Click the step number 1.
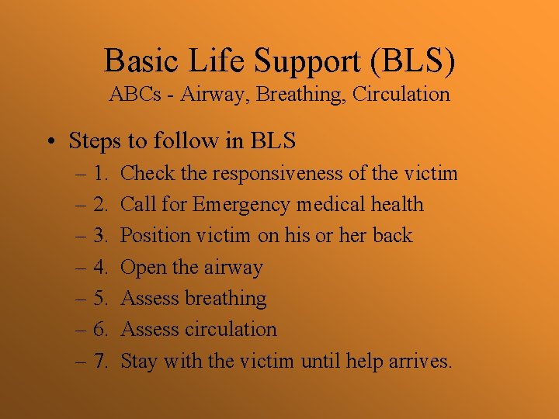point(100,173)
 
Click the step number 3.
point(100,236)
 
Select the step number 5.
point(100,299)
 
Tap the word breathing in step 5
point(225,299)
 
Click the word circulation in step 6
point(231,329)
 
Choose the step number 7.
point(100,361)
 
